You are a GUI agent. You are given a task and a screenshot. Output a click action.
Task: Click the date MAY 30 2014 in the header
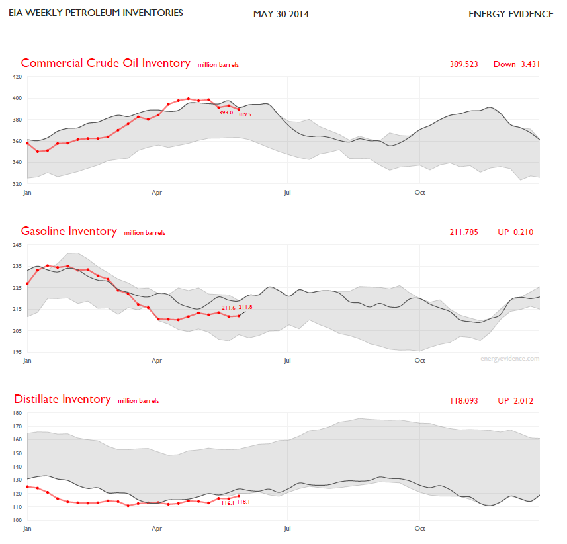tap(281, 14)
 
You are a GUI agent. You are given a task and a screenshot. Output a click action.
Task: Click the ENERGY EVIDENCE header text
tap(511, 14)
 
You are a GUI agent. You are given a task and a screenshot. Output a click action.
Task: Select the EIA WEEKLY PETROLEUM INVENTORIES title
tap(96, 13)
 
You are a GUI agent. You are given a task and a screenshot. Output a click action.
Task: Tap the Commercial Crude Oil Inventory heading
tap(105, 63)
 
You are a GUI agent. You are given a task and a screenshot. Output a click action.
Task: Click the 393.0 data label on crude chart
tap(226, 113)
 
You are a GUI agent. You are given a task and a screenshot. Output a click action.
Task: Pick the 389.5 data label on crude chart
tap(244, 114)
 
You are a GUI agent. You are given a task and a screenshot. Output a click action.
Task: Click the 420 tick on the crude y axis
tap(17, 77)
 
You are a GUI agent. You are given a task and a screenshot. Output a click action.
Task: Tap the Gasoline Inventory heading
tap(69, 231)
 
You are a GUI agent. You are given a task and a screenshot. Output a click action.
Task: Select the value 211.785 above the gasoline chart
tap(464, 232)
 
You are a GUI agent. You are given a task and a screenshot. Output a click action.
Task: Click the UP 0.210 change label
tap(515, 232)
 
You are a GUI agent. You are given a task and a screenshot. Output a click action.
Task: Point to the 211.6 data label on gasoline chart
tap(229, 308)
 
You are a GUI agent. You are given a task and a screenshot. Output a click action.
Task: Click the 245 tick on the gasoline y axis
tap(17, 246)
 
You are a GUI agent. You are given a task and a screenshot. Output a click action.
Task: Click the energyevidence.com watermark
tap(509, 359)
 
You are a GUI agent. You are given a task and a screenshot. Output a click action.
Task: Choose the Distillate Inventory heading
tap(62, 399)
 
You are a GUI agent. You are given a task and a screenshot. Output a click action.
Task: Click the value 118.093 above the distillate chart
tap(464, 400)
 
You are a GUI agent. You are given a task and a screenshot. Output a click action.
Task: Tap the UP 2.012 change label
tap(515, 400)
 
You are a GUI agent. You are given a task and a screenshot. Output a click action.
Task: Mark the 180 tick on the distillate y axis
tap(17, 413)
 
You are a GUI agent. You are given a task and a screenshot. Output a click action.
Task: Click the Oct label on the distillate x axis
tap(419, 529)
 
